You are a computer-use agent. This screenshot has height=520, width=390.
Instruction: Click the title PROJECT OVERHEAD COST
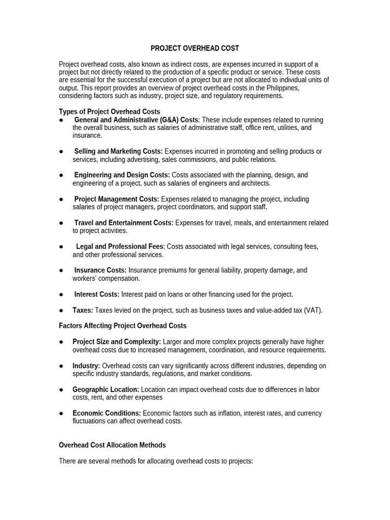point(194,48)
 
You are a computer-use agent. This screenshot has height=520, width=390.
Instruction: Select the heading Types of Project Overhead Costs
point(109,112)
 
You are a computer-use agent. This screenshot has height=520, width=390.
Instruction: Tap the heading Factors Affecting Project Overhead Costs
point(122,326)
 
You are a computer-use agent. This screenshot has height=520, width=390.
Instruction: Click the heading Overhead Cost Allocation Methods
point(112,445)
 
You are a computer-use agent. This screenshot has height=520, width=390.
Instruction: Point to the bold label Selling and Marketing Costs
point(118,151)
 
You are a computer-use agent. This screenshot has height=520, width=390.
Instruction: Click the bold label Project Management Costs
point(117,199)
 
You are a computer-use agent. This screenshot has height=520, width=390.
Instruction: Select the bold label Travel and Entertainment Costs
point(124,223)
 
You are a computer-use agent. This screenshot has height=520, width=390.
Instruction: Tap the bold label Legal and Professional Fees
point(120,247)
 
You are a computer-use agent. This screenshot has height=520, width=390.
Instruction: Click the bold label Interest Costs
point(97,295)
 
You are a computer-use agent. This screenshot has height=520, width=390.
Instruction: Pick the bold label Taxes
point(83,310)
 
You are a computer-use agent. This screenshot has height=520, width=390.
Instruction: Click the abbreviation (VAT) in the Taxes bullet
point(313,310)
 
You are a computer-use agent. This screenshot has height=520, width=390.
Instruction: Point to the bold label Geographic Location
point(106,389)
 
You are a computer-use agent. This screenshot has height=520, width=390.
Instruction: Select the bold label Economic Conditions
point(107,413)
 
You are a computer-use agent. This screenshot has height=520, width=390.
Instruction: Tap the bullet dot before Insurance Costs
point(61,271)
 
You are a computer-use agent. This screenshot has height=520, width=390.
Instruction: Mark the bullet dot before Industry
point(61,366)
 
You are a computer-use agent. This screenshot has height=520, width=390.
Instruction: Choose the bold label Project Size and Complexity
point(117,342)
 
